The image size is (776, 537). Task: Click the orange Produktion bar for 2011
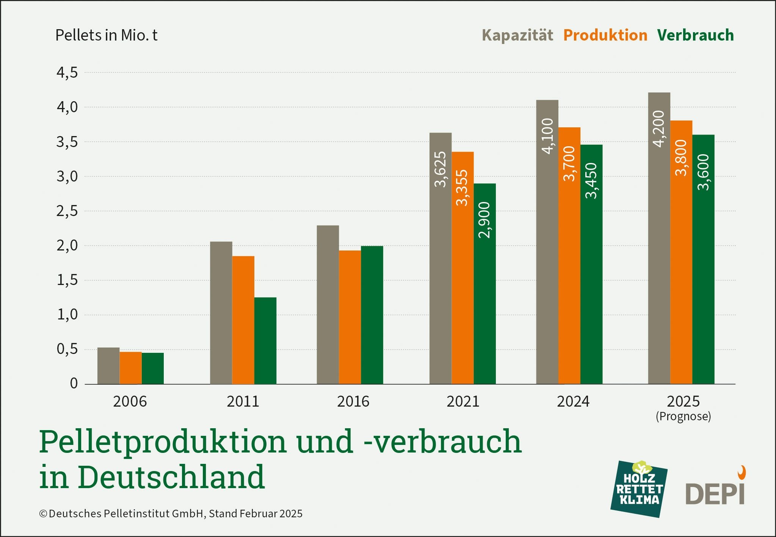coord(243,320)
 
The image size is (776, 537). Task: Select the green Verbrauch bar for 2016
coord(372,315)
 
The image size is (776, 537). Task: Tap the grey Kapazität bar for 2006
coord(108,366)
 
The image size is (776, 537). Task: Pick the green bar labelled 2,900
coord(484,284)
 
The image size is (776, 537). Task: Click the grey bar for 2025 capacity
coord(659,239)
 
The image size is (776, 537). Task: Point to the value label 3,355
coord(462,188)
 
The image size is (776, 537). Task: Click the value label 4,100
coord(547,136)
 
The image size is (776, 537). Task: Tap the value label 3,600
coord(703,172)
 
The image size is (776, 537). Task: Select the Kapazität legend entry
coord(517,35)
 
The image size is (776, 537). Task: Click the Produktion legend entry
coord(605,35)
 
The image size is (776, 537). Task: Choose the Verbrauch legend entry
coord(695,35)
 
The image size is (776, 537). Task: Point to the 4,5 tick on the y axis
coord(67,72)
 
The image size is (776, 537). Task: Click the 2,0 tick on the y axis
coord(67,246)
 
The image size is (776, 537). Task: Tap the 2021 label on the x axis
coord(462,401)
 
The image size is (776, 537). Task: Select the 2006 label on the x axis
coord(130,401)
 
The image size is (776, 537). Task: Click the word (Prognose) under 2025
coord(683,416)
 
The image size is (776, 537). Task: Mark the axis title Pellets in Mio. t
coord(106,35)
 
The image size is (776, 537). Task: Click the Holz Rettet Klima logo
coord(639,489)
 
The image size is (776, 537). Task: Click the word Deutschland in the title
coord(171,477)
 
